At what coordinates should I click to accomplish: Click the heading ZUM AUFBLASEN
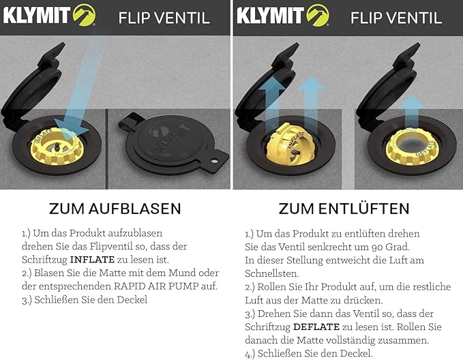(x=115, y=209)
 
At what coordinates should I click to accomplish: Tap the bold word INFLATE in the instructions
(x=92, y=260)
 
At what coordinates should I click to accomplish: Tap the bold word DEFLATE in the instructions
(x=316, y=327)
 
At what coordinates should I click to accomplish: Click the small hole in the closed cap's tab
(x=215, y=161)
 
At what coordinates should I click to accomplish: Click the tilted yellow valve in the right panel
(x=289, y=145)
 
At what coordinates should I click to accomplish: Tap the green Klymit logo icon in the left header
(x=84, y=16)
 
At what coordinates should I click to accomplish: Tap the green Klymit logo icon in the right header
(x=318, y=16)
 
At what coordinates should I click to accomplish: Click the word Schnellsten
(x=271, y=273)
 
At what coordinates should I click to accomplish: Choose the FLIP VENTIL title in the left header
(x=164, y=18)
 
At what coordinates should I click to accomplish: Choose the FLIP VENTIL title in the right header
(x=396, y=18)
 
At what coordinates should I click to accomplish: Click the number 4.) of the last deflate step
(x=250, y=353)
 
